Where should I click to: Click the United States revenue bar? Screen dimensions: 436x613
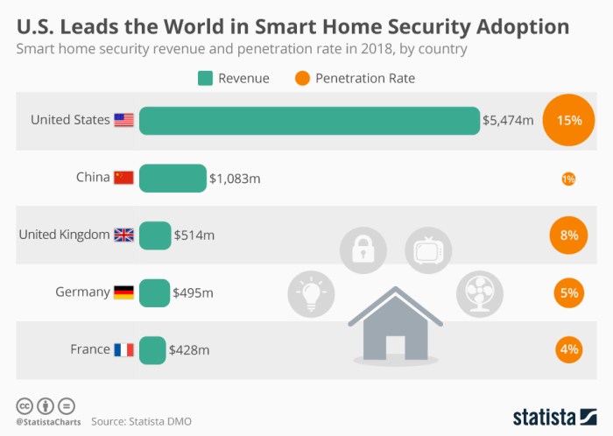point(309,121)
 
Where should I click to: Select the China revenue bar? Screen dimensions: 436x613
point(173,178)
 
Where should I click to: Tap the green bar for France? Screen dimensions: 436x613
point(152,349)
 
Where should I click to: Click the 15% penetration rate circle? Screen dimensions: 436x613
point(568,121)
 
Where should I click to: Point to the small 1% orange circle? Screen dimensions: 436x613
point(568,179)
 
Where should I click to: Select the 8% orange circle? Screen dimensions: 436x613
point(568,236)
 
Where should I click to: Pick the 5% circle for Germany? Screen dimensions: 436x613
point(568,292)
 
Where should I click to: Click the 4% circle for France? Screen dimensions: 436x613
point(568,349)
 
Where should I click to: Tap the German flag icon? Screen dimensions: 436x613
point(123,292)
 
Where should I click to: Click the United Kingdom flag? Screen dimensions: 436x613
point(123,235)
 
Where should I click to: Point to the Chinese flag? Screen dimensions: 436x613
point(123,178)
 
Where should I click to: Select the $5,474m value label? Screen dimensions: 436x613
point(508,121)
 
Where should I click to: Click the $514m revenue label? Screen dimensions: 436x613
point(194,236)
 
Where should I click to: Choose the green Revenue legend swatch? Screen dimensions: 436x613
point(205,79)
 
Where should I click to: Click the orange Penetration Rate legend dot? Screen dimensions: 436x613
point(302,79)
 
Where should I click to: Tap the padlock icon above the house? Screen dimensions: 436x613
point(363,250)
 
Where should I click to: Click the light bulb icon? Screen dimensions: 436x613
point(312,294)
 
